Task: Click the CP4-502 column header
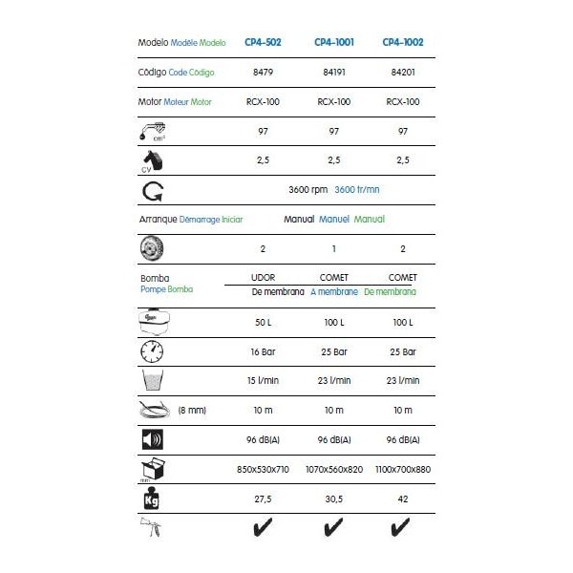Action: click(262, 42)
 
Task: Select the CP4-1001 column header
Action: click(333, 42)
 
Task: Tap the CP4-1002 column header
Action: click(403, 42)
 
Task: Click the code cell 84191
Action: click(333, 72)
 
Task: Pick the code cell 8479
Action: click(262, 72)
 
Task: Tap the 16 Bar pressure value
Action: click(262, 350)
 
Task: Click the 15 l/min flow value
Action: click(262, 380)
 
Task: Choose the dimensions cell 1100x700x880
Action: click(403, 469)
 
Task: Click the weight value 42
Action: click(403, 499)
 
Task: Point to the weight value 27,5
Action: click(262, 499)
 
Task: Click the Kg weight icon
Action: click(153, 499)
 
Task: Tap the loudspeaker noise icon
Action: click(153, 440)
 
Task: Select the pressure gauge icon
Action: click(153, 350)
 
